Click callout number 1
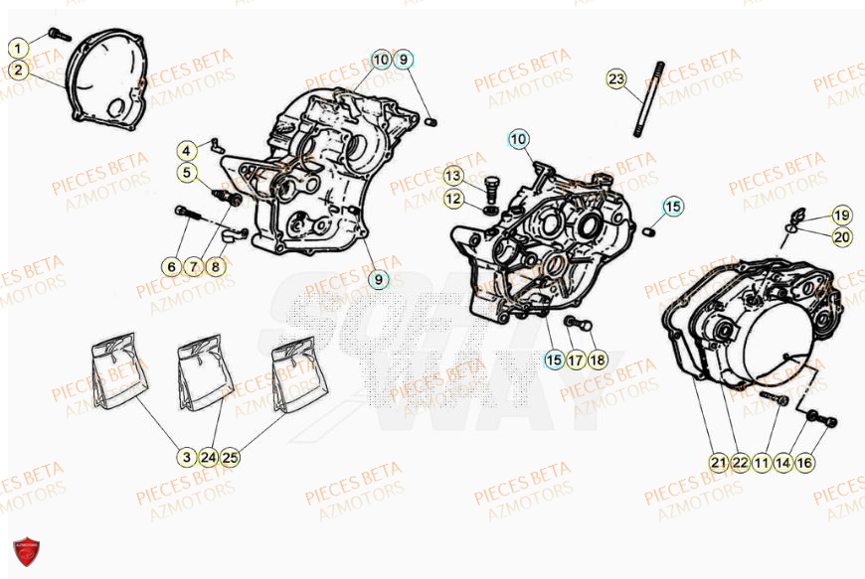(18, 47)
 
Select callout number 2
(18, 70)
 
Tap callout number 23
(616, 78)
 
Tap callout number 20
(842, 235)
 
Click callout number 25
(231, 458)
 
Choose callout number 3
(186, 458)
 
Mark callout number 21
(718, 462)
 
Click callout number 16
(804, 462)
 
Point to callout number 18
(597, 359)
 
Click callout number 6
(171, 266)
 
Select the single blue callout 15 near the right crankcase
(673, 207)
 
